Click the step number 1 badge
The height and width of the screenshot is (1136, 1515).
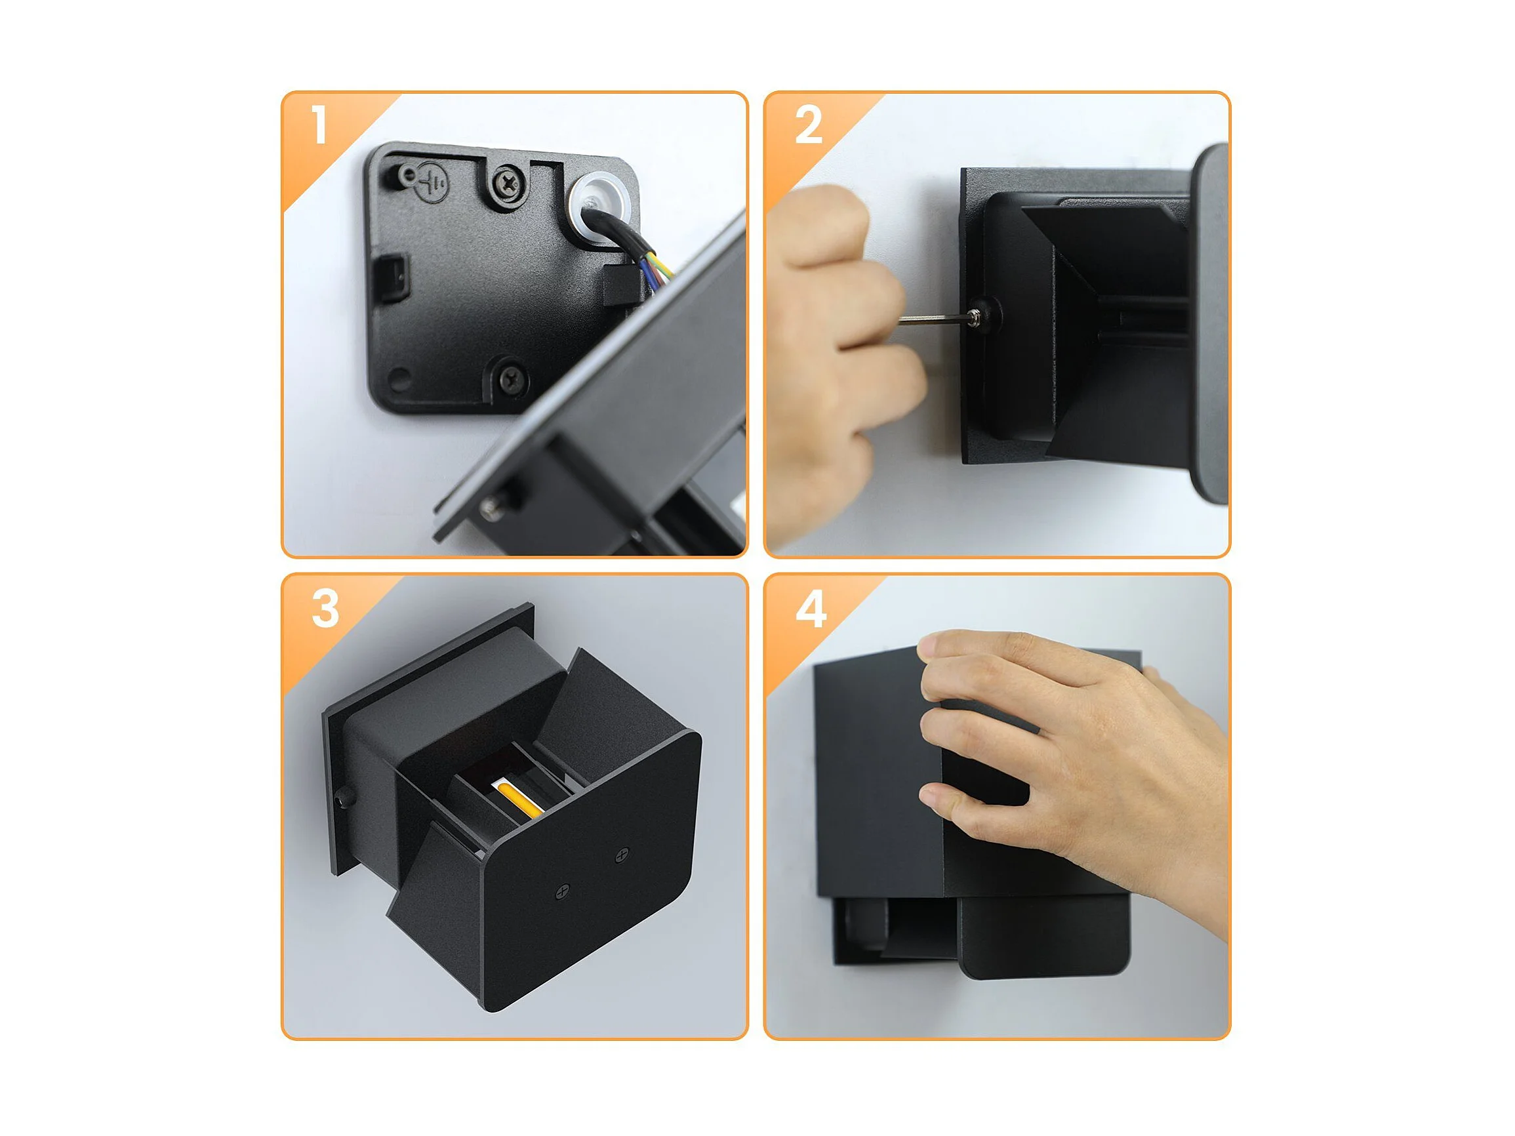click(319, 125)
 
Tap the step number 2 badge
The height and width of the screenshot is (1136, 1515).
click(809, 125)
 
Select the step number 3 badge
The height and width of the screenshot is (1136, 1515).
click(325, 609)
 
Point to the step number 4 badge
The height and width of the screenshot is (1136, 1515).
click(810, 609)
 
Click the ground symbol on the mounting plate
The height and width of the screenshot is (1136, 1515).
click(433, 182)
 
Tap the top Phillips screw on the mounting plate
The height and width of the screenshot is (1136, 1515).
click(509, 182)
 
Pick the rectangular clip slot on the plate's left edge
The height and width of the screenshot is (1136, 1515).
click(394, 278)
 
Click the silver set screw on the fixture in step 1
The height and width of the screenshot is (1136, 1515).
click(492, 505)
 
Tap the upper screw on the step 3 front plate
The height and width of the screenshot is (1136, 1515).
click(622, 854)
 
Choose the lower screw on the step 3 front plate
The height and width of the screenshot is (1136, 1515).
click(563, 891)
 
